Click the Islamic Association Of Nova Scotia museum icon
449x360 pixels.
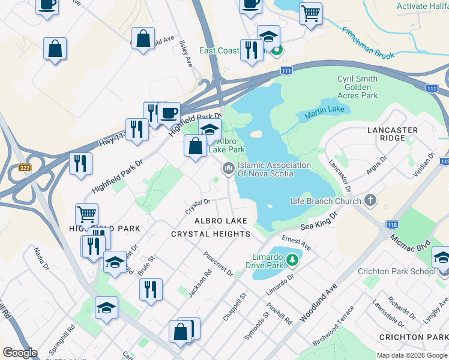228,169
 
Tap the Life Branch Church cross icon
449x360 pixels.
370,200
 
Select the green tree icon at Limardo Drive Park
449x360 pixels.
292,260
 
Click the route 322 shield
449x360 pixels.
25,168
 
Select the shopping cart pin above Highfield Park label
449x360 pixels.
87,214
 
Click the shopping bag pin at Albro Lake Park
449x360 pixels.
196,145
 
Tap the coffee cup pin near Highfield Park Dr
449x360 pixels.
169,112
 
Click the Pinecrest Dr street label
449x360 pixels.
217,264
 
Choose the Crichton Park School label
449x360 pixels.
397,271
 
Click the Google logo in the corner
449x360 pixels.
20,353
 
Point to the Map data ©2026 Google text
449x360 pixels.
412,355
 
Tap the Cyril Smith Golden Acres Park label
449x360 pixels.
357,87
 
